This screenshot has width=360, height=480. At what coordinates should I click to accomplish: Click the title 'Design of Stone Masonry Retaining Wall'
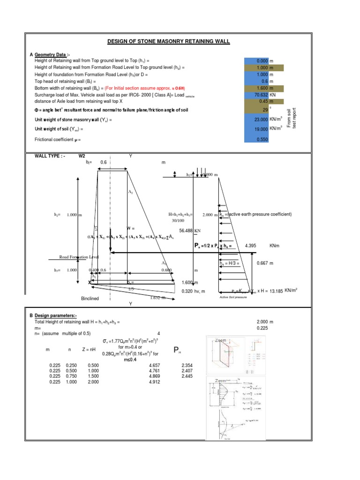[169, 41]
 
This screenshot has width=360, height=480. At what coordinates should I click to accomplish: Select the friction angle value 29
[265, 109]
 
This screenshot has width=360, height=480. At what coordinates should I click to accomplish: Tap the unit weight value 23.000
[258, 120]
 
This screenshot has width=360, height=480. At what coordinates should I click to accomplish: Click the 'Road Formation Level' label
[79, 257]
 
